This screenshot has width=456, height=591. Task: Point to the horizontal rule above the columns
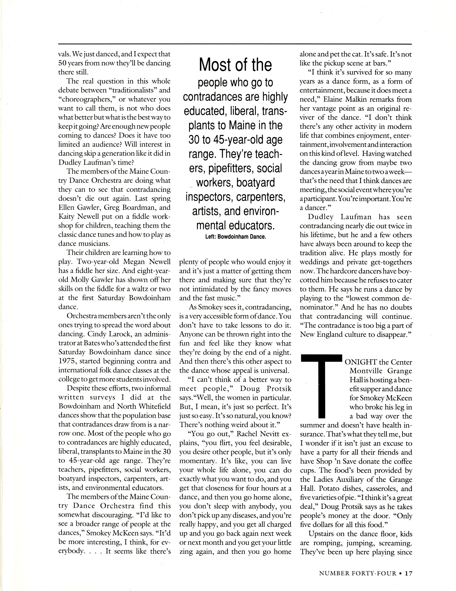[x=235, y=44]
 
